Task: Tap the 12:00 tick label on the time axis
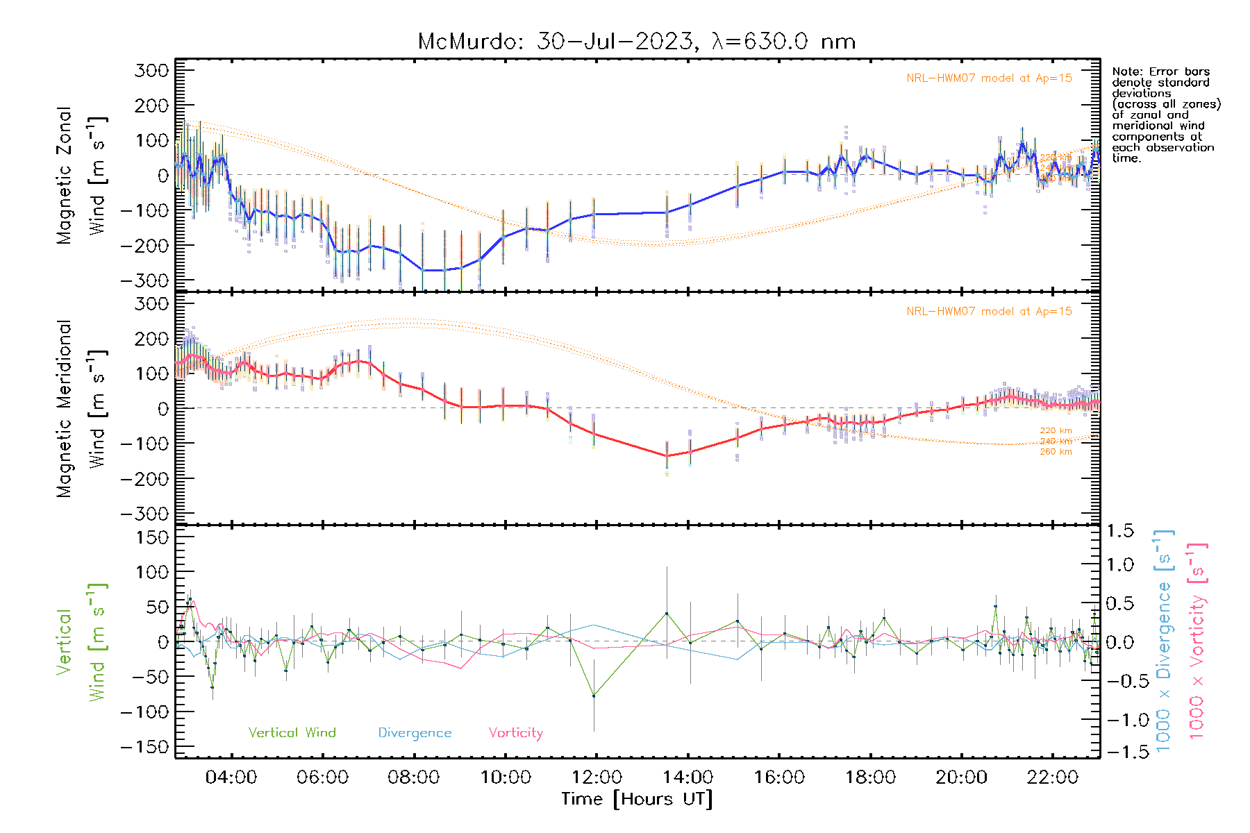point(597,777)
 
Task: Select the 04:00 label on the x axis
point(231,777)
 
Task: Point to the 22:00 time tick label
point(1053,777)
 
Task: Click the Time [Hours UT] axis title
point(637,799)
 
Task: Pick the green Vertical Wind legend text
point(292,732)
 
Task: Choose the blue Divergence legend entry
point(415,732)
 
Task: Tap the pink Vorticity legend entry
point(515,732)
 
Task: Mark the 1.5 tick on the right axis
point(1119,531)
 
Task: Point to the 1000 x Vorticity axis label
point(1197,640)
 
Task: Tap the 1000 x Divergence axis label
point(1164,640)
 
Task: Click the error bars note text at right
point(1165,115)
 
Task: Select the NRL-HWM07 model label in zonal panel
point(989,78)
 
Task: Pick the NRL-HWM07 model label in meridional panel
point(989,312)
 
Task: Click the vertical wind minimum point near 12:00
point(594,696)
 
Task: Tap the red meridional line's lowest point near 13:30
point(667,455)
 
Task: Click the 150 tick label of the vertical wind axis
point(152,537)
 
